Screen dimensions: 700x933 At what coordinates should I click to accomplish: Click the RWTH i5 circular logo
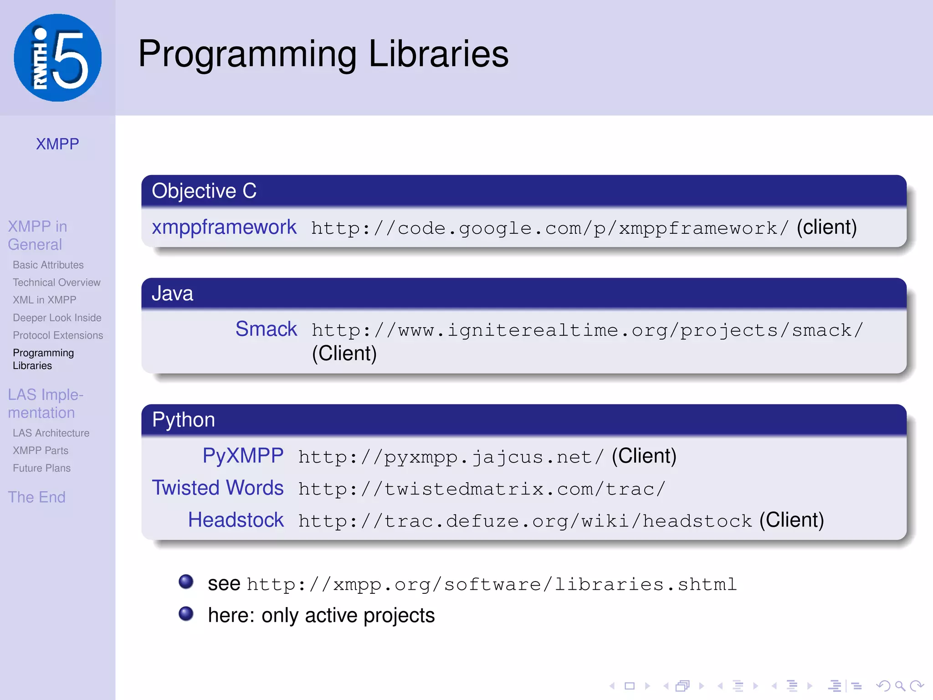[58, 58]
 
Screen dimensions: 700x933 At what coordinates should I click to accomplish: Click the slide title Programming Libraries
[323, 54]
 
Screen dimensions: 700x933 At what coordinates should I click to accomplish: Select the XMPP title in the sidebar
[57, 144]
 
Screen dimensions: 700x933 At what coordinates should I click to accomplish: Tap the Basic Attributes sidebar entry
[48, 265]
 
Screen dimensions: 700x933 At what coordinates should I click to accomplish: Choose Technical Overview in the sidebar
[56, 283]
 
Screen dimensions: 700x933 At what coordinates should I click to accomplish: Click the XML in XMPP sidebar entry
[45, 300]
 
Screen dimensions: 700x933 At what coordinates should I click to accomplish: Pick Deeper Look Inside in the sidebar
[57, 318]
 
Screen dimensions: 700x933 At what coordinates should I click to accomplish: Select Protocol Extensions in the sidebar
[58, 335]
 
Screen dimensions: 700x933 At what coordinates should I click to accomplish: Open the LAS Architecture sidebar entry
[51, 433]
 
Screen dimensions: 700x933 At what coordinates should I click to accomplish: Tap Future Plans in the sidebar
[42, 468]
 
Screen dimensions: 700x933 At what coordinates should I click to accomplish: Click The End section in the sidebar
[36, 497]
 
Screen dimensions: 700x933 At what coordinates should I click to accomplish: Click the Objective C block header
[204, 191]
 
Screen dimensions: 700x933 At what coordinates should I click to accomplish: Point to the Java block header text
[172, 293]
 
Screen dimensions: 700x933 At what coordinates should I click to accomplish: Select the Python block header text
[183, 420]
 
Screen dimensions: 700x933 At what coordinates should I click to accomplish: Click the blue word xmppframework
[224, 227]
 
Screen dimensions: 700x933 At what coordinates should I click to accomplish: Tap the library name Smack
[266, 329]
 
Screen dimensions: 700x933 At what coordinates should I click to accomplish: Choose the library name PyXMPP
[243, 456]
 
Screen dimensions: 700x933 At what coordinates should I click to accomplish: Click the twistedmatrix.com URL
[482, 489]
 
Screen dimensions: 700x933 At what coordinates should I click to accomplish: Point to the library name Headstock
[236, 520]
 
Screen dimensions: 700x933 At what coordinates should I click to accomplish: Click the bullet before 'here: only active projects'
[186, 614]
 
